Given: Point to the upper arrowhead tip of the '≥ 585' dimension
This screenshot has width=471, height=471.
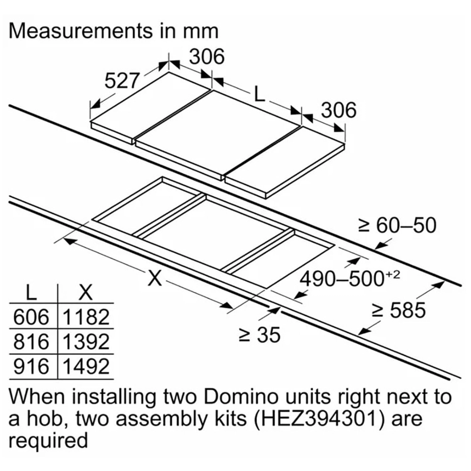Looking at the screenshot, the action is coord(445,281).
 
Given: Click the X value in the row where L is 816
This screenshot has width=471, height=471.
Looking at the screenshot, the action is coord(86,342).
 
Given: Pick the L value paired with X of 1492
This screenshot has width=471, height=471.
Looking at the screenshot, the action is coord(31,367).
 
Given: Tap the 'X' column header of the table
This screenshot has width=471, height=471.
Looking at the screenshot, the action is coord(85,293).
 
